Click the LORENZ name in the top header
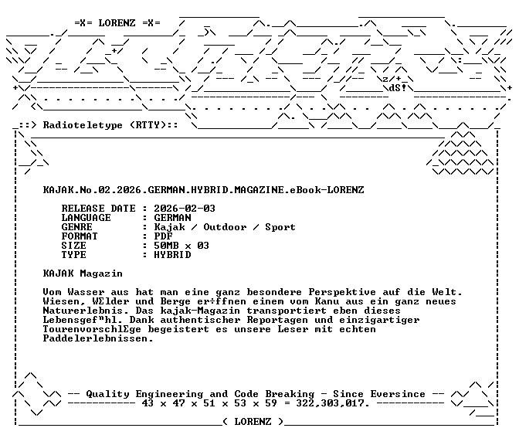click(117, 23)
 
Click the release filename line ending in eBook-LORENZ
click(204, 190)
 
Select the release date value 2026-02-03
click(185, 209)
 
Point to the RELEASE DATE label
click(98, 209)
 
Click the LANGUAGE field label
click(86, 218)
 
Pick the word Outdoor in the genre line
click(225, 227)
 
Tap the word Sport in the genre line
click(280, 227)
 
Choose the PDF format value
click(163, 236)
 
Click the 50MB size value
click(166, 246)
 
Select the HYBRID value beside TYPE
click(172, 255)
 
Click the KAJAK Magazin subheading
click(83, 273)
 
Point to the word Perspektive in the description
click(342, 292)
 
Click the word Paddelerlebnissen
click(98, 338)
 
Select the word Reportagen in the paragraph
click(277, 320)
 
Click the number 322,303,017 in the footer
click(332, 403)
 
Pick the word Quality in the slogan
click(107, 394)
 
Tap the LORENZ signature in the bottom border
click(253, 422)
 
